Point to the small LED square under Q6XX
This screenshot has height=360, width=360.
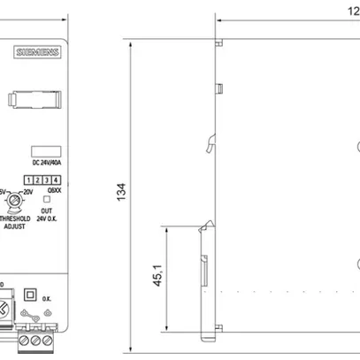48,199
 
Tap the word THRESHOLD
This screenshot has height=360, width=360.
15,218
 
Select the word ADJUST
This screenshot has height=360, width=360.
14,226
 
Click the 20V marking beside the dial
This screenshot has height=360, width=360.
28,191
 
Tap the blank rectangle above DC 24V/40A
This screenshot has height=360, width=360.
45,150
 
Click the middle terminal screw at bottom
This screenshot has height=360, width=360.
38,341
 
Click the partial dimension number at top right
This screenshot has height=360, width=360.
352,10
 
